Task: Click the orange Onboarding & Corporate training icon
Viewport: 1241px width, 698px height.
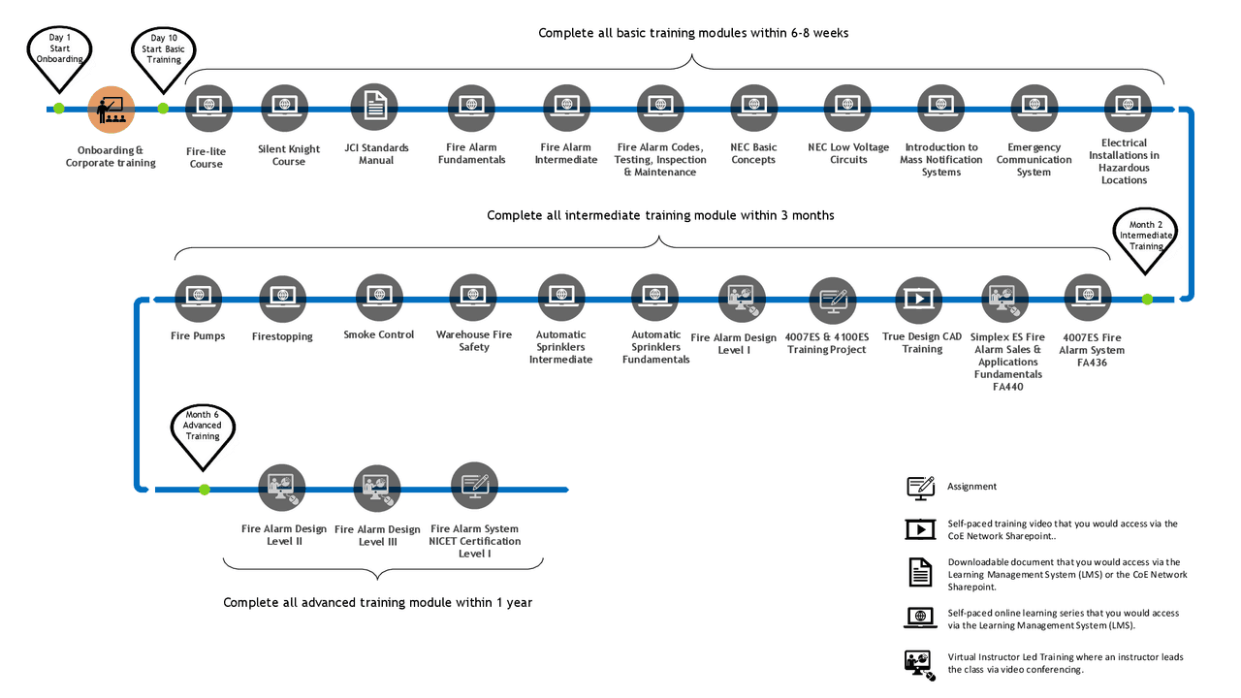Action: (111, 110)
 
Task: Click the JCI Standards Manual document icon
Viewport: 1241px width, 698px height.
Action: (374, 108)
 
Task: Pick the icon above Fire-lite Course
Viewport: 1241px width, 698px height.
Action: (208, 109)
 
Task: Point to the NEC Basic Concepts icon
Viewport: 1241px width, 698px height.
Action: (753, 108)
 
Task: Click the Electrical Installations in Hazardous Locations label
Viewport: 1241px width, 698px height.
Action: (1124, 161)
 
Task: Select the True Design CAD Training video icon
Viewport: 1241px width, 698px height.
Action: (919, 300)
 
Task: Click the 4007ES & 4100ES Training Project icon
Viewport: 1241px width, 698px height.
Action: (833, 301)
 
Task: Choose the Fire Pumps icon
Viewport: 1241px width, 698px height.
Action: (198, 298)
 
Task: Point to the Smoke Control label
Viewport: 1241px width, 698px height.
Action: (379, 334)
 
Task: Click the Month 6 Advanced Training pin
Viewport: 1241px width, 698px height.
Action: (203, 436)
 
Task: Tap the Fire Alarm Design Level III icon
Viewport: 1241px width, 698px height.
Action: (377, 488)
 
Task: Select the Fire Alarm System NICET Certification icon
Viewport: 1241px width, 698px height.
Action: (474, 486)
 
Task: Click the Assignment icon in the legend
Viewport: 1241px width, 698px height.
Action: (921, 488)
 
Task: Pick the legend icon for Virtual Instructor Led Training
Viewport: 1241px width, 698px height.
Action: (920, 665)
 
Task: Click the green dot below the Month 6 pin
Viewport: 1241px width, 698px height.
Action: (205, 490)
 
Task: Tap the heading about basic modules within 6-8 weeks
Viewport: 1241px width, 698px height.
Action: (693, 33)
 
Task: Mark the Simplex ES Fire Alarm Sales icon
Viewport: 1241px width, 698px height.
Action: (1005, 300)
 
